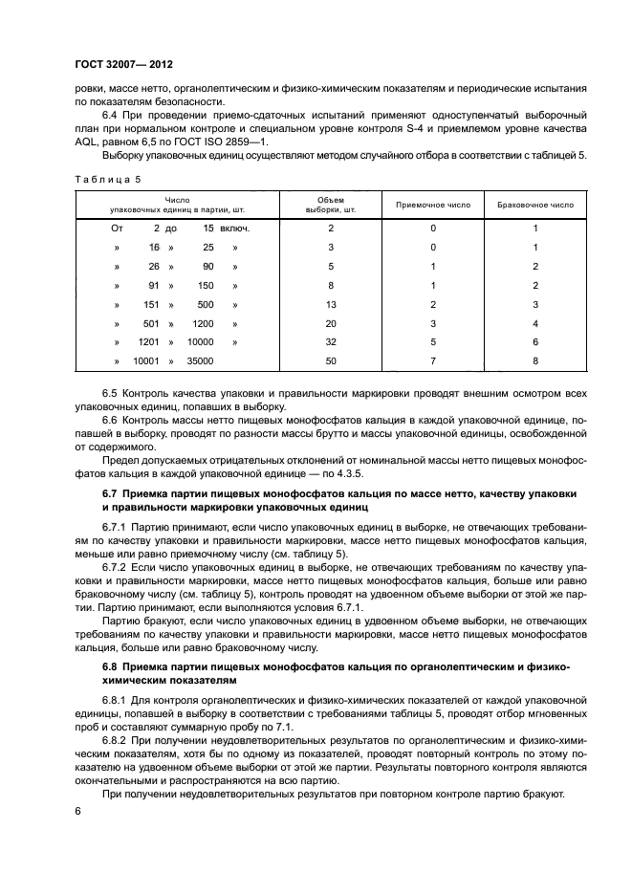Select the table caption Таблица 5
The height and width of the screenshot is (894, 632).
[106, 178]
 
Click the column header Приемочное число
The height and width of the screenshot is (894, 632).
[432, 205]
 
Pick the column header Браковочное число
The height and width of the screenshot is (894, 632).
[535, 205]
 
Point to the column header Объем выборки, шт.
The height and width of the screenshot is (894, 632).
[330, 205]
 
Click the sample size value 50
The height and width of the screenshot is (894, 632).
[330, 361]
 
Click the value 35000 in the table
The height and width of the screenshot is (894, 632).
[198, 361]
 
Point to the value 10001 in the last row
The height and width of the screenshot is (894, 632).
[144, 361]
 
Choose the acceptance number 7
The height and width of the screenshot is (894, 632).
[432, 361]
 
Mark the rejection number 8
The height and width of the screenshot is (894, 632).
[535, 361]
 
